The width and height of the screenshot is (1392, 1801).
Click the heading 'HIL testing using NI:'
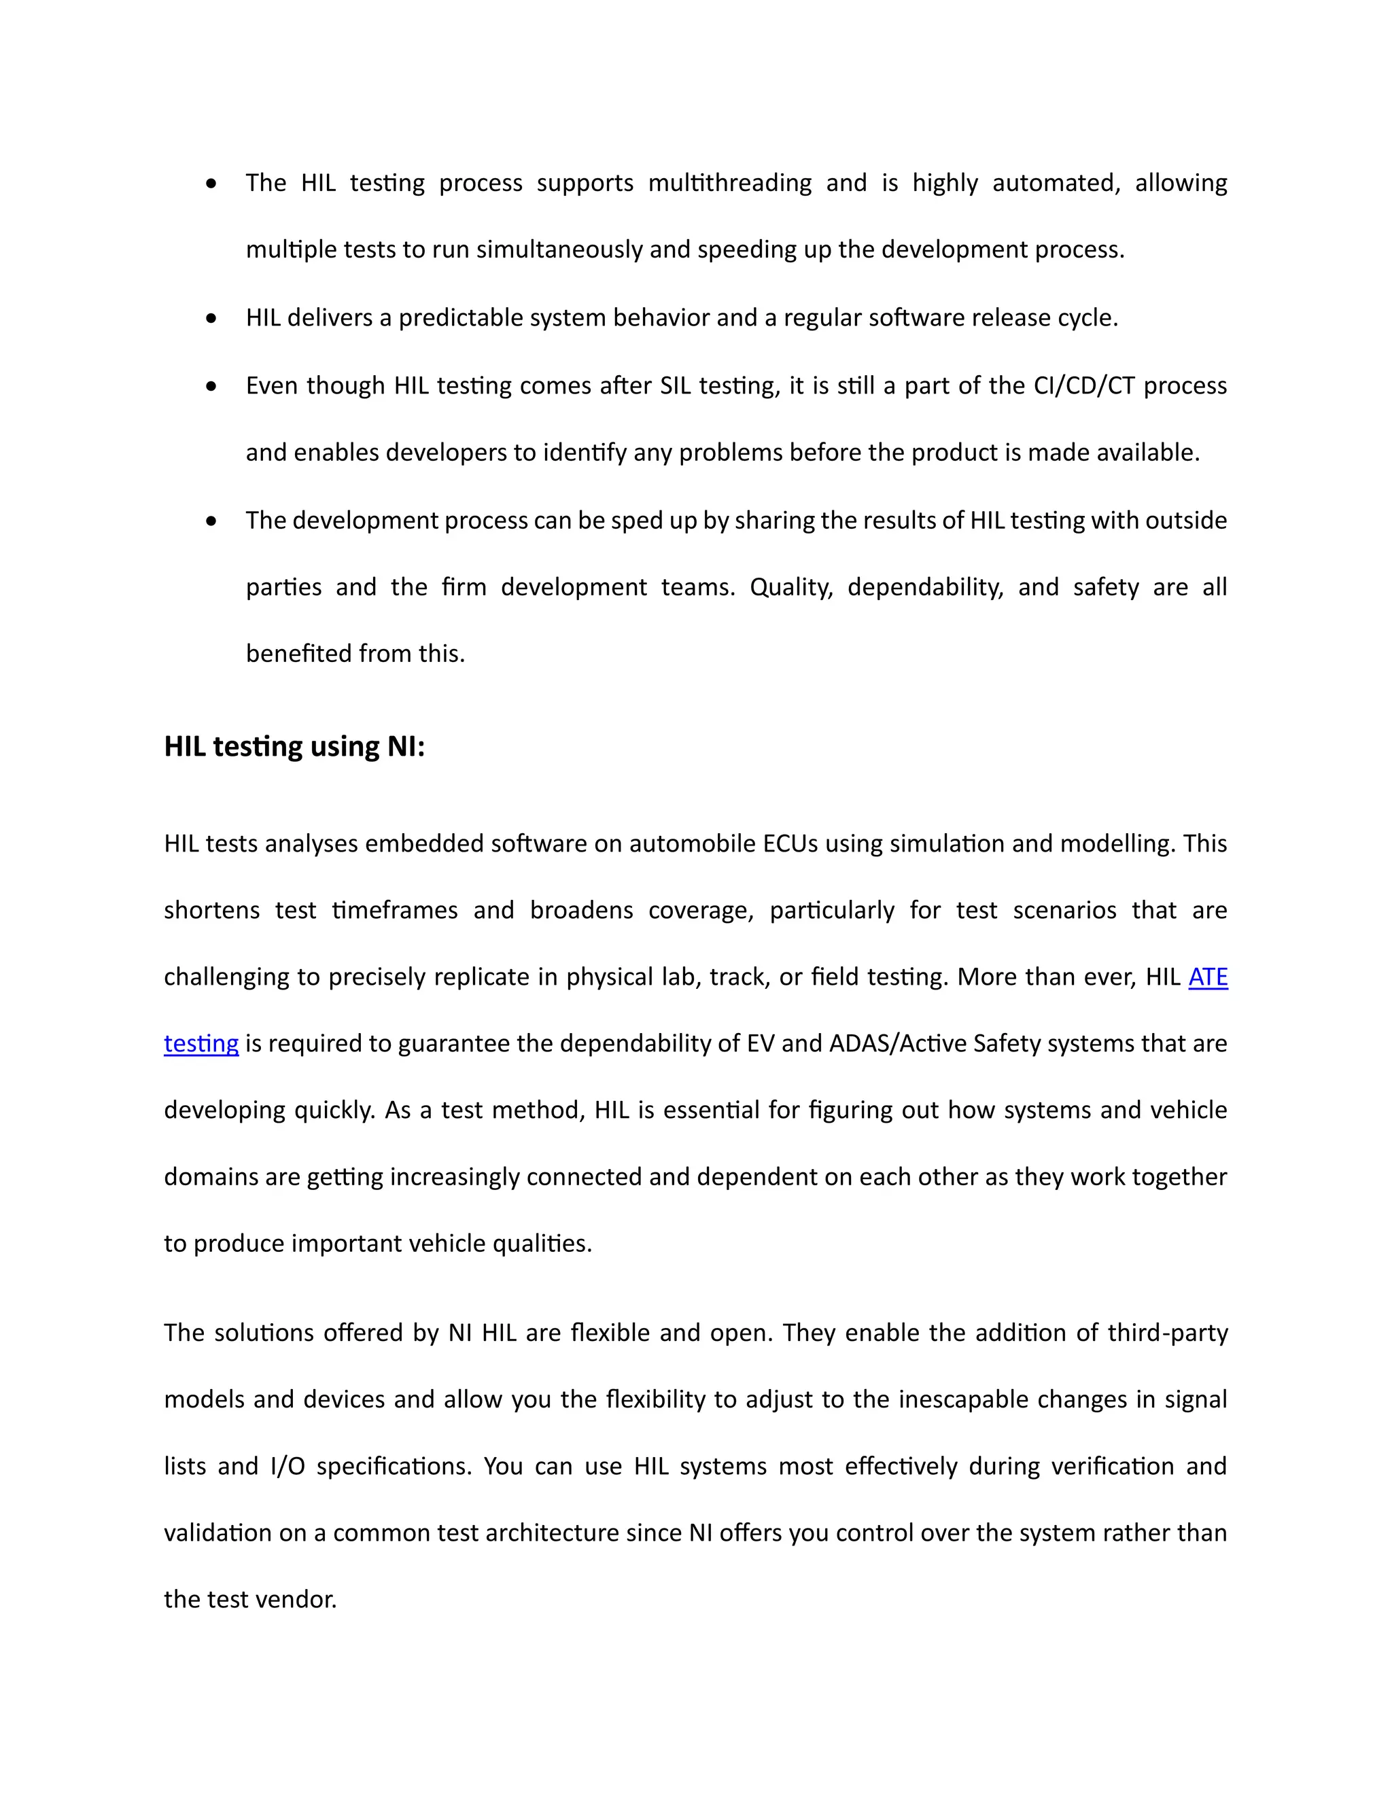tap(294, 746)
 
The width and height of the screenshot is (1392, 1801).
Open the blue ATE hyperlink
tap(1207, 977)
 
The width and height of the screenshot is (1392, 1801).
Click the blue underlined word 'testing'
tap(201, 1044)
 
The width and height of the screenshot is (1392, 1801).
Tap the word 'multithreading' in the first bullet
tap(730, 183)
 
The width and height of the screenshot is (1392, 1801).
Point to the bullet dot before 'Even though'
tap(212, 386)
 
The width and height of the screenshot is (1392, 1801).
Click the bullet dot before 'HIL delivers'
tap(212, 318)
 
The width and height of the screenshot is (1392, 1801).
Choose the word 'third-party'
tap(1168, 1333)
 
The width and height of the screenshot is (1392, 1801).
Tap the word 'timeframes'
tap(394, 911)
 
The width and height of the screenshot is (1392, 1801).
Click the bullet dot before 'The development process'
tap(212, 521)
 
